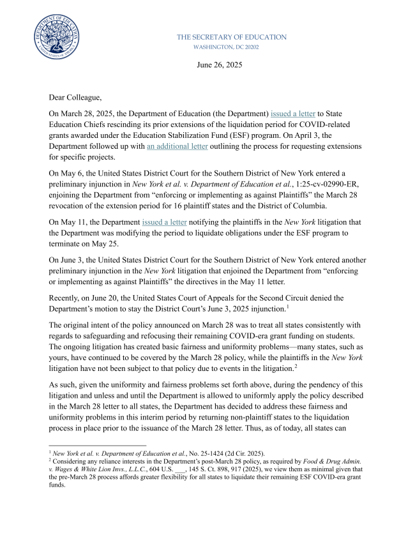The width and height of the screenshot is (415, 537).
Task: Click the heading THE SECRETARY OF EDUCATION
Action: coord(231,37)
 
